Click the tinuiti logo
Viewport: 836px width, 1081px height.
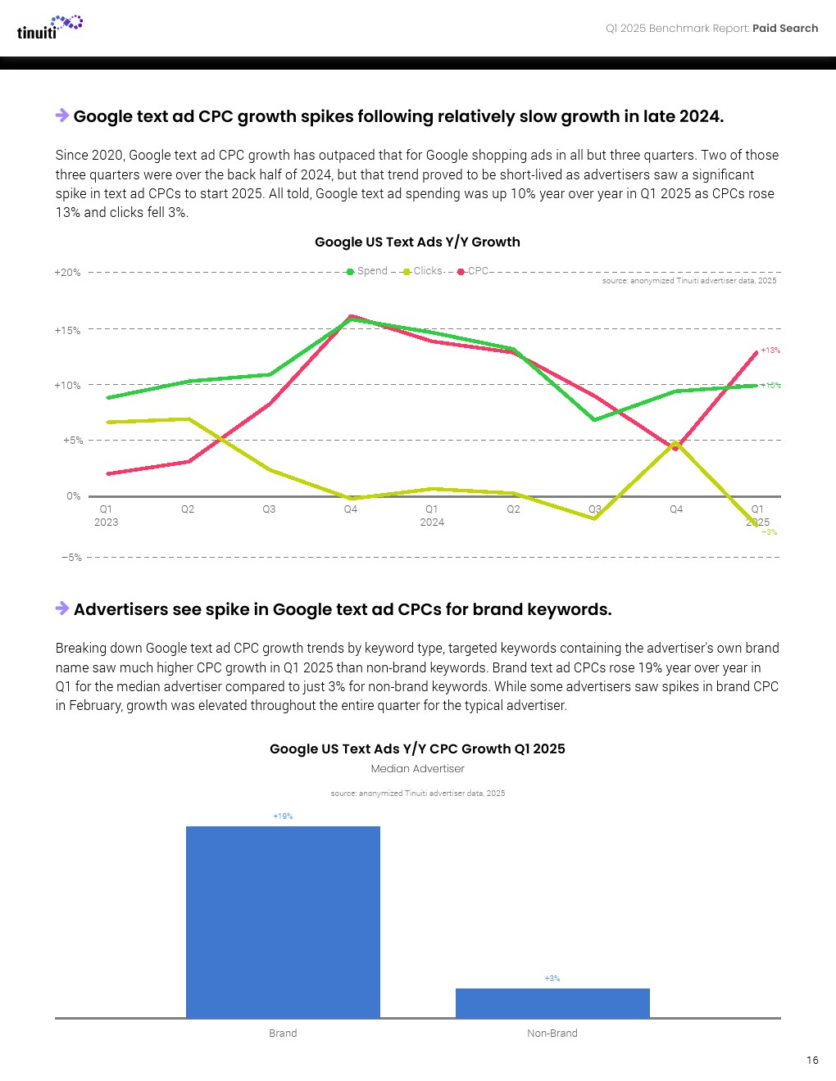pos(49,27)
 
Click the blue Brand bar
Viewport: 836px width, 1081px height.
pos(283,921)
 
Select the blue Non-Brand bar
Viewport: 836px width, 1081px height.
pos(552,1002)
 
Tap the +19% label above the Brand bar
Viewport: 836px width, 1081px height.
pos(283,816)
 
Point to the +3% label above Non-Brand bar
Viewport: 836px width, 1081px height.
pos(552,979)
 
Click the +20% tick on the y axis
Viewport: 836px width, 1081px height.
pos(67,273)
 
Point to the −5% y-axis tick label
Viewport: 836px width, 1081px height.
pos(71,558)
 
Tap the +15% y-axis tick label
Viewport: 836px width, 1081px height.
pos(67,331)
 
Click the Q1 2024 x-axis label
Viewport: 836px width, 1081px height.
pos(432,515)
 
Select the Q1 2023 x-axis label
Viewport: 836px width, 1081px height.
pos(106,515)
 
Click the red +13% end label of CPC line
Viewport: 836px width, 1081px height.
pos(770,351)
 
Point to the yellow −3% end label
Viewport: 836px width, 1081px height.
pos(770,532)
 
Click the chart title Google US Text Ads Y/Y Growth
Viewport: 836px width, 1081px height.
pos(417,242)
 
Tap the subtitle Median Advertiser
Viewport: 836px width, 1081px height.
pos(417,768)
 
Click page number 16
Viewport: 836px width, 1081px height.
pos(811,1060)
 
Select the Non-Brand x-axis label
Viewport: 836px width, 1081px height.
pos(552,1033)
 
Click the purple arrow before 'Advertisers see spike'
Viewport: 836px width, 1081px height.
pos(62,608)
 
